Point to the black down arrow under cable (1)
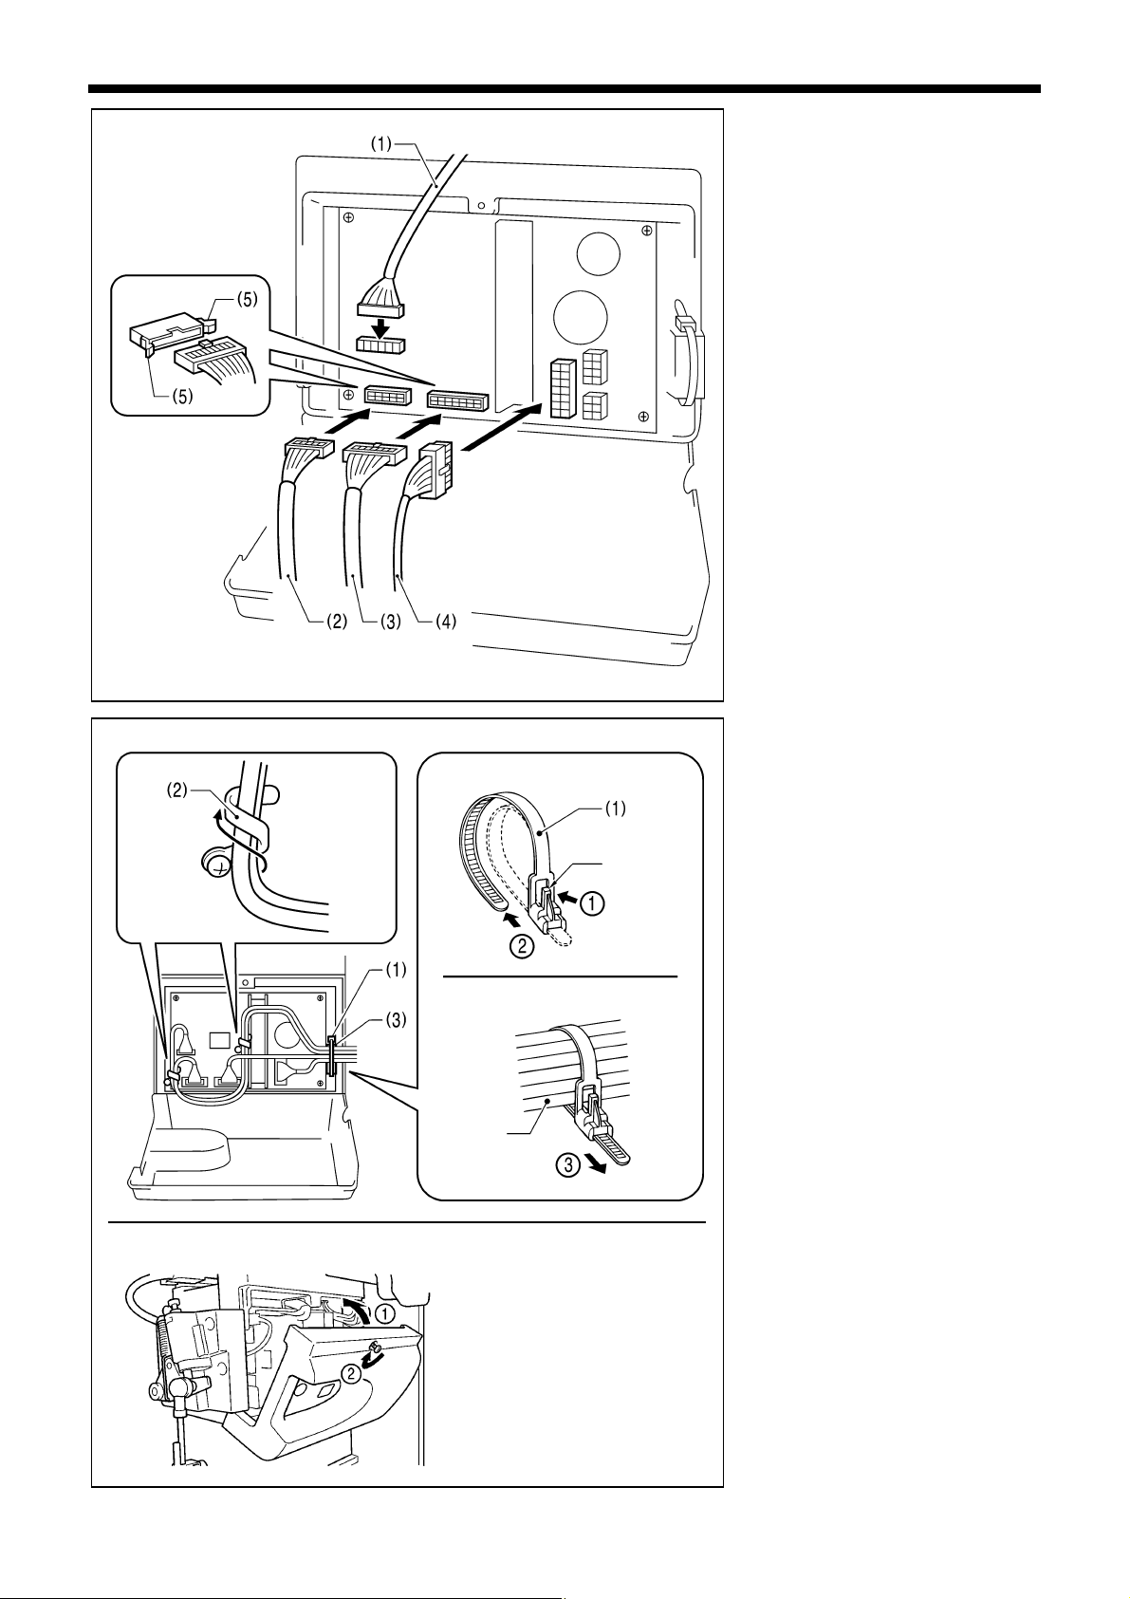[380, 326]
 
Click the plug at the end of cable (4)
[437, 472]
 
